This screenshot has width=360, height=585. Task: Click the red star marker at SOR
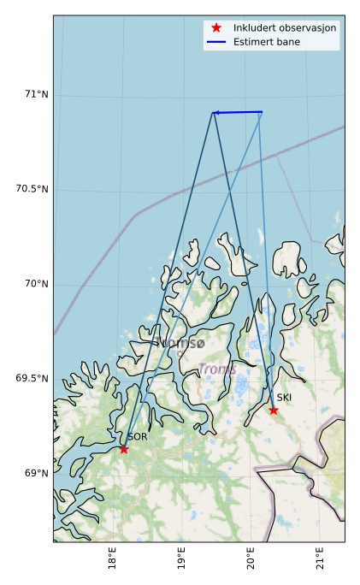124,449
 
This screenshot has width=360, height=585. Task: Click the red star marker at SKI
274,410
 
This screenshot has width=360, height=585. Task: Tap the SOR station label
138,436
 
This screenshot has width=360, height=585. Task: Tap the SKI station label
284,398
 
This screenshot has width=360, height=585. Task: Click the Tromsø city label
180,343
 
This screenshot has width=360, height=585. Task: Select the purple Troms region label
217,369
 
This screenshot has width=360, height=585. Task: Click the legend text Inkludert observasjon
285,28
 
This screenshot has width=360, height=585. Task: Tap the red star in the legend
216,27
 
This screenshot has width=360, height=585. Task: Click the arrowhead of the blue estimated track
215,113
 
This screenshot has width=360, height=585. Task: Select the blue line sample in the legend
216,41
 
